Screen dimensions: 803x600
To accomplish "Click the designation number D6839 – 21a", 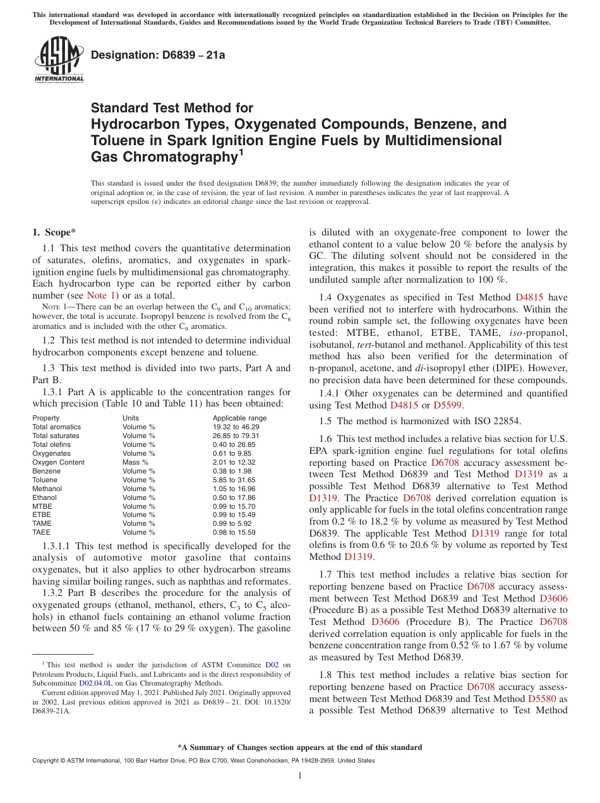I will click(x=158, y=56).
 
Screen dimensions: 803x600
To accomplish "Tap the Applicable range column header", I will click(x=239, y=418).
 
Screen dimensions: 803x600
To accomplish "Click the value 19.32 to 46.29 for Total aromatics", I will click(x=236, y=427).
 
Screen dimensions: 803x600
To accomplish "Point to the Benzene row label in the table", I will click(x=47, y=471).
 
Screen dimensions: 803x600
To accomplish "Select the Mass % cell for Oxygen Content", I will click(x=135, y=462).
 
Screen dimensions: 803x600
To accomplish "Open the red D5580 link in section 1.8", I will click(x=541, y=699).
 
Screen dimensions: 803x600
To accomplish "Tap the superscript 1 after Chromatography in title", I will click(x=241, y=152).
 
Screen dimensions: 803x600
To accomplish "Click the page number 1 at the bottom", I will click(x=300, y=775).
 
